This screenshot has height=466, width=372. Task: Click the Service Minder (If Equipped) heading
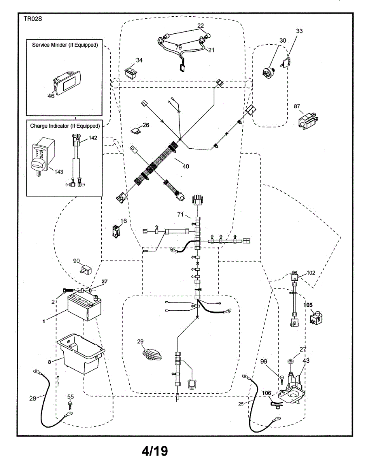pos(64,45)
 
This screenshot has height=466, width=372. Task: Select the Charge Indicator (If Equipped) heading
pos(65,125)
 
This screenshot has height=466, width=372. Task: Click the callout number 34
pos(139,60)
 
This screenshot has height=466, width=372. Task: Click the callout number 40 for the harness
pos(186,166)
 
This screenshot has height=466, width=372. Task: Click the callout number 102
pos(311,273)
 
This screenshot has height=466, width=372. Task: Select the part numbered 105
pos(316,317)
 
